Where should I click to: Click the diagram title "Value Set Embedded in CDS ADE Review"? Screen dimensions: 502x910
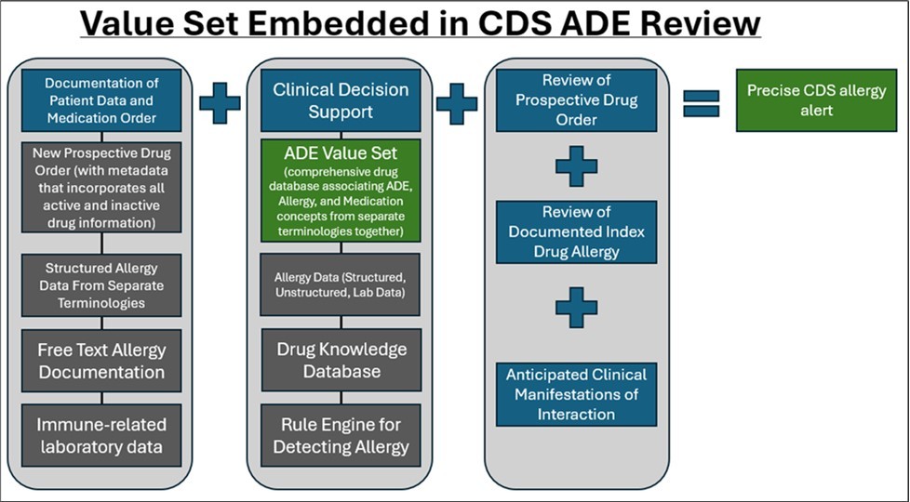tap(421, 23)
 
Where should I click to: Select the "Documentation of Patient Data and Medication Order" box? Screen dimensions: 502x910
tap(100, 99)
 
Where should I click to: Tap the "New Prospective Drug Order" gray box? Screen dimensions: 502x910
tap(100, 185)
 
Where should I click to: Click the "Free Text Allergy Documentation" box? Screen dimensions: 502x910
tap(100, 362)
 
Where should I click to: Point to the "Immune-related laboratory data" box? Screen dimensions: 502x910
tap(100, 435)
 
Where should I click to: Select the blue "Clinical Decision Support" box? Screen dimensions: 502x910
tap(341, 100)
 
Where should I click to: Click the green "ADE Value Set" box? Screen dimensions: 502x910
tap(341, 191)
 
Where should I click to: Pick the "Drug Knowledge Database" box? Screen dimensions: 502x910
tap(341, 361)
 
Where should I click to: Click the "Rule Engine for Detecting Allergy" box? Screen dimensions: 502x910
tap(341, 435)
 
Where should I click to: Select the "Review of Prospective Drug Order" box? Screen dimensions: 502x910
tap(576, 100)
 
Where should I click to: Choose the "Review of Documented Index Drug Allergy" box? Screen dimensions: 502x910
tap(576, 231)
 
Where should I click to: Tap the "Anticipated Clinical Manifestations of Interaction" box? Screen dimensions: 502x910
tap(576, 394)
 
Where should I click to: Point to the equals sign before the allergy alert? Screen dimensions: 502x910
tap(703, 102)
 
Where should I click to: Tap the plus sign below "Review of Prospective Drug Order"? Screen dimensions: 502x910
tap(576, 167)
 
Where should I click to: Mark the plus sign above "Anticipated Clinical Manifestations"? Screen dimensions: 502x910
tap(576, 307)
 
